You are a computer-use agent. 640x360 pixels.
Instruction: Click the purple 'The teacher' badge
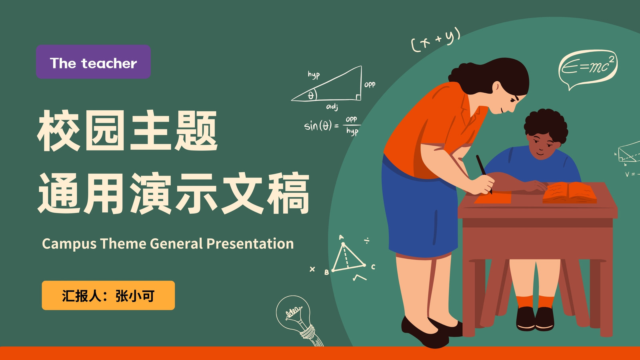(93, 62)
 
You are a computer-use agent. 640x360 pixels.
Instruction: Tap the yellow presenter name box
(108, 296)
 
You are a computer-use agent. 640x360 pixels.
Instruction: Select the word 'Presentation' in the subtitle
(250, 244)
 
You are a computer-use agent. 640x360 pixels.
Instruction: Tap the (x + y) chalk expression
(436, 40)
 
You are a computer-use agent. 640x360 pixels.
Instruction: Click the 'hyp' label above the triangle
(314, 74)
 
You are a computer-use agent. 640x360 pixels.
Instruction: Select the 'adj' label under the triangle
(332, 106)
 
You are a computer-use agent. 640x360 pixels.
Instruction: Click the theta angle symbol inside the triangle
(311, 96)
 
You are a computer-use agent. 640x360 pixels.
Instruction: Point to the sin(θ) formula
(332, 126)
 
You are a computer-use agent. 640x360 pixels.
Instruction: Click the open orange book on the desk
(570, 193)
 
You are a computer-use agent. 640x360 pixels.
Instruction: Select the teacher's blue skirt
(420, 208)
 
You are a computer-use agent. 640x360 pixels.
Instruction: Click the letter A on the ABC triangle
(341, 237)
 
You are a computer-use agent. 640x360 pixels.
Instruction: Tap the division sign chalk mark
(367, 240)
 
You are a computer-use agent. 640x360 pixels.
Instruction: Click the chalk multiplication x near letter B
(312, 269)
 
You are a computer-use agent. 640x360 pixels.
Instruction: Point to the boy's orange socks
(535, 302)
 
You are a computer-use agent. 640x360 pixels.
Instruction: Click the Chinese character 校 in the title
(58, 130)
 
